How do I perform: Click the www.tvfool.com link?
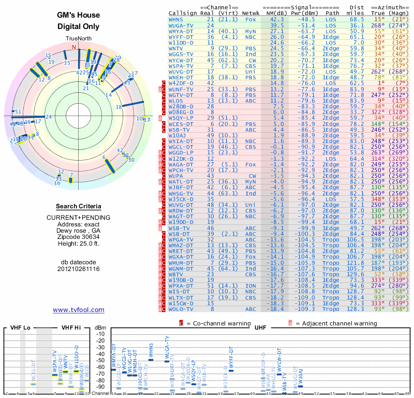click(78, 310)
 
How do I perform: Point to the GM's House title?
click(78, 16)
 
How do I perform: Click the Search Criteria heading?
click(79, 206)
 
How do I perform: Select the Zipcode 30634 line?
click(78, 235)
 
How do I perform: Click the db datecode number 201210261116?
click(78, 269)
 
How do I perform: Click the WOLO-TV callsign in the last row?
click(181, 309)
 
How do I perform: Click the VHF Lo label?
click(21, 328)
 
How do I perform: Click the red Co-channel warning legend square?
click(181, 323)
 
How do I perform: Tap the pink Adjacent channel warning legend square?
click(290, 323)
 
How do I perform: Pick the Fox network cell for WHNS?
click(250, 19)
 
